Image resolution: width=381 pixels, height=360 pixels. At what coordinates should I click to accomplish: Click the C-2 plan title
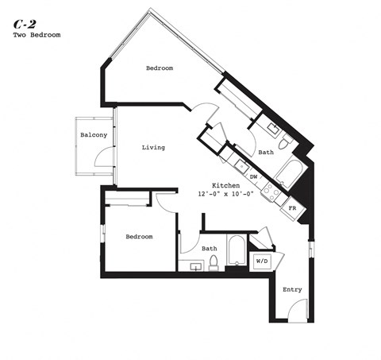point(23,24)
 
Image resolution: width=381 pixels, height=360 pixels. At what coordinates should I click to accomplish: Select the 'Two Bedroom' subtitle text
point(37,36)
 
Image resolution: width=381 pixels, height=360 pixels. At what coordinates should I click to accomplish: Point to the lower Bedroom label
point(140,237)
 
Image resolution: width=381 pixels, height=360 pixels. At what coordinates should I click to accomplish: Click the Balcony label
point(94,135)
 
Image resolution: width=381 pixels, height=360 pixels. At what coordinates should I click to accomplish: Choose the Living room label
point(153,148)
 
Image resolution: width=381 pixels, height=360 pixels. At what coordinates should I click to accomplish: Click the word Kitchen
point(225,184)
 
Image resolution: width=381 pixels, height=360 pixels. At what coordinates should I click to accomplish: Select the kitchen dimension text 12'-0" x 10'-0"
point(225,194)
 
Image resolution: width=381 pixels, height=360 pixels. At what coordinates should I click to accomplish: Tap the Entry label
point(292,289)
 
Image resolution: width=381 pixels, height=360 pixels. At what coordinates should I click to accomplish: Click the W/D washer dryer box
point(262,260)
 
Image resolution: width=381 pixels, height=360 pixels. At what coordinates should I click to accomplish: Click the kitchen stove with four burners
point(272,190)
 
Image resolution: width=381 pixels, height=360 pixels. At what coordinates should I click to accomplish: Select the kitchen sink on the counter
point(241,165)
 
